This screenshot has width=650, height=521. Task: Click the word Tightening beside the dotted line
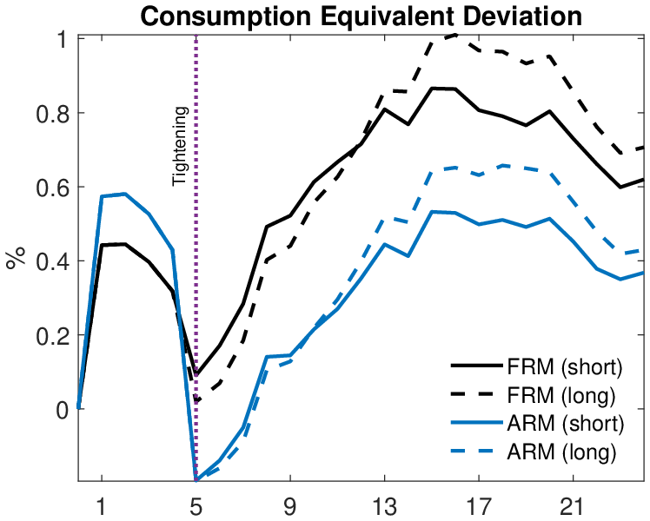tap(179, 146)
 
